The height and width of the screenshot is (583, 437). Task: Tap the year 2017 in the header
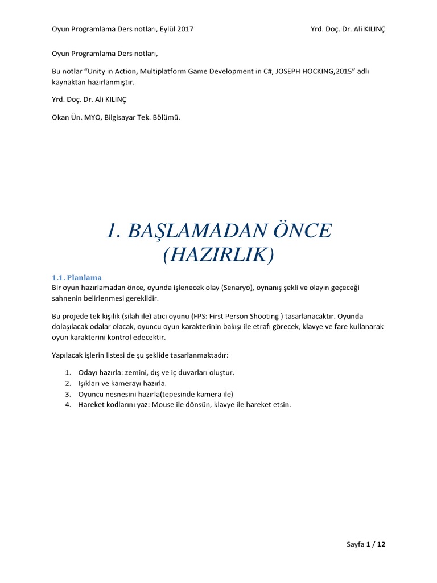tap(183, 29)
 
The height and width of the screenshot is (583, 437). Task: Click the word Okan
tap(61, 118)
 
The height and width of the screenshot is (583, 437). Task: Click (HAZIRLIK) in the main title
tap(218, 256)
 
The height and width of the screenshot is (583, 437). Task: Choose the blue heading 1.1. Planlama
tap(77, 277)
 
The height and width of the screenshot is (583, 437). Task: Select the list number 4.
tap(67, 405)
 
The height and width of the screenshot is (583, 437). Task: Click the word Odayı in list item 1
tap(89, 372)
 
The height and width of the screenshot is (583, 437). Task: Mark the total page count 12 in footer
tap(381, 545)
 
